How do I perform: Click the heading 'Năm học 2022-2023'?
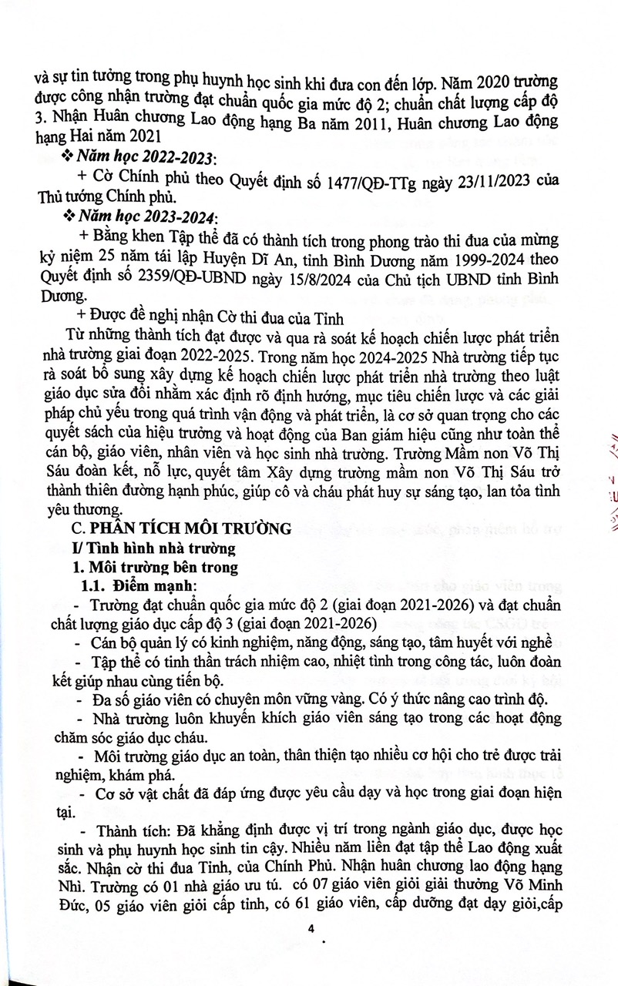(x=144, y=157)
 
